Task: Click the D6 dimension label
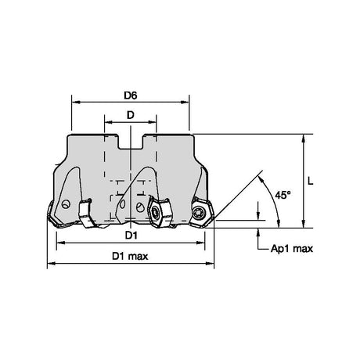130,95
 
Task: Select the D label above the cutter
131,115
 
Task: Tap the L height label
310,181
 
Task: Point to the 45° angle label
283,195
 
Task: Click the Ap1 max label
292,249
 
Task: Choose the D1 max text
130,256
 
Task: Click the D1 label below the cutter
131,236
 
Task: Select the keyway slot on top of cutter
131,142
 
